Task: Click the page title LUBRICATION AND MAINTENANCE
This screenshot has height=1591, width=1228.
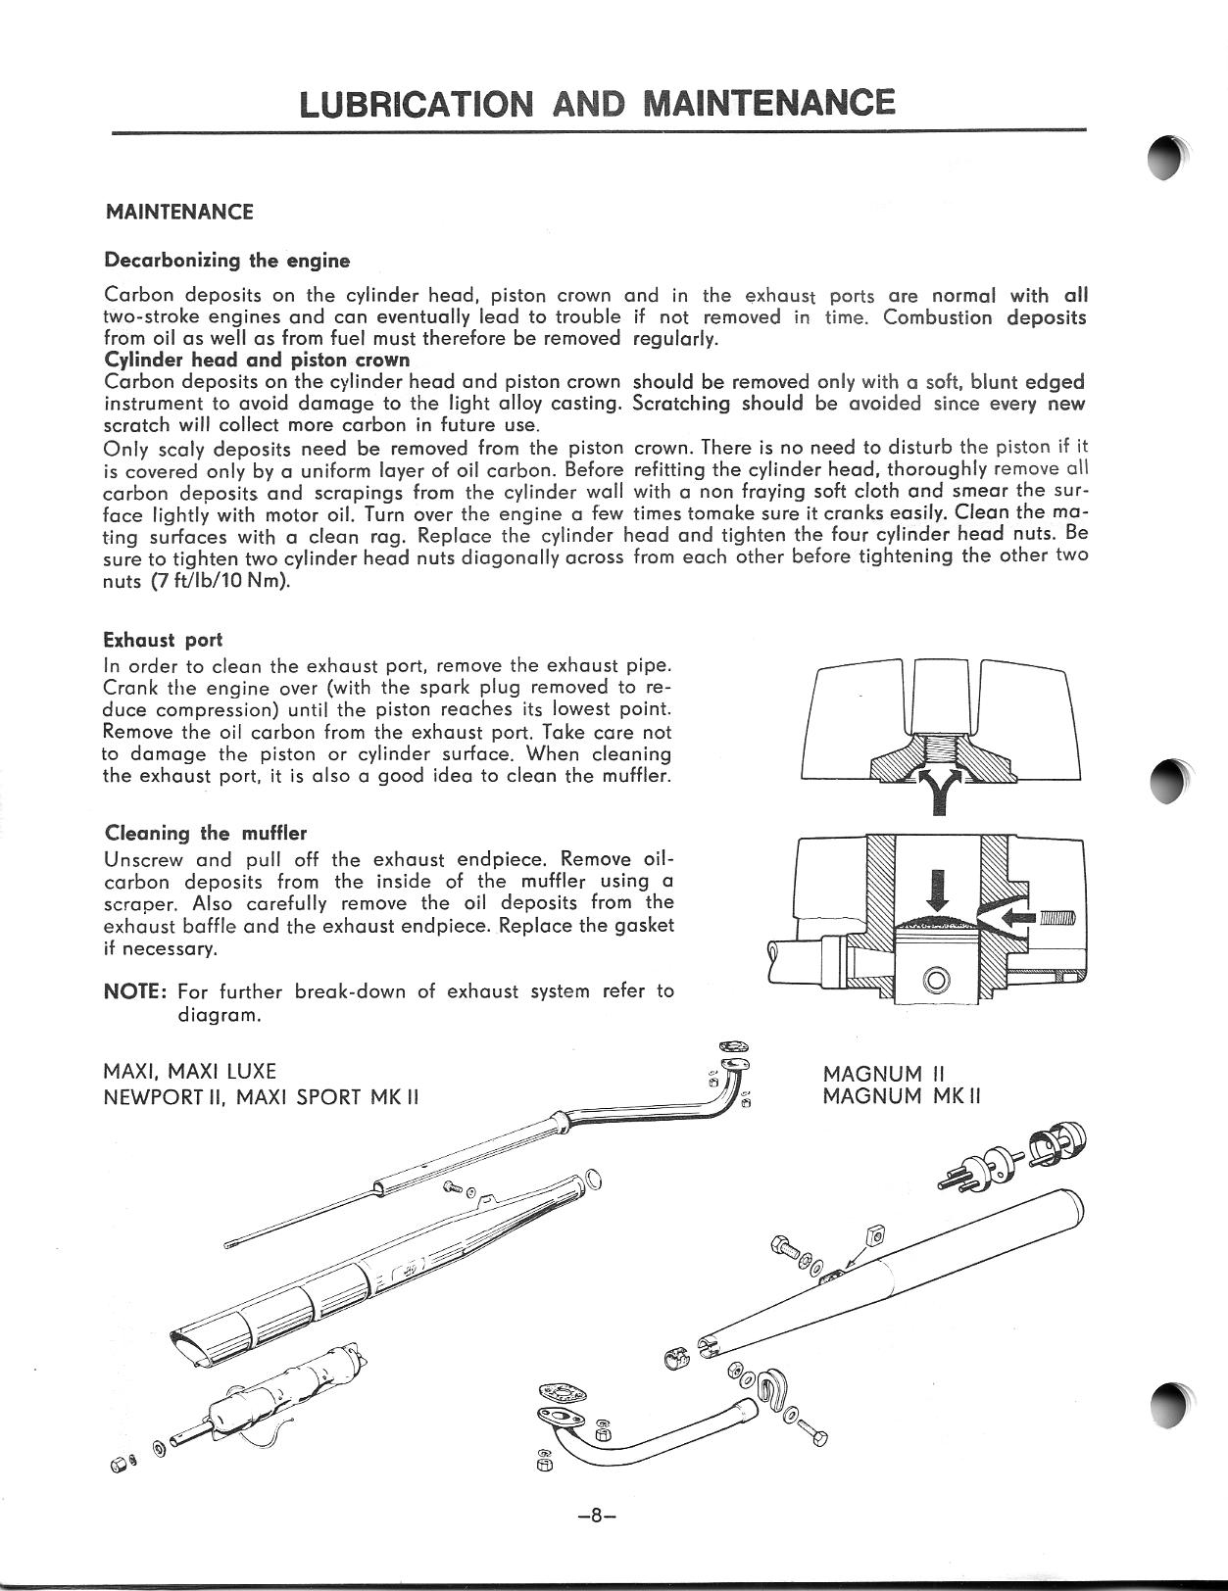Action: tap(598, 103)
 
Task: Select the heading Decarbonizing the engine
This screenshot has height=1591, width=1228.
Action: tap(226, 261)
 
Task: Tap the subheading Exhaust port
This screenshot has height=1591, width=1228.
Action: tap(163, 641)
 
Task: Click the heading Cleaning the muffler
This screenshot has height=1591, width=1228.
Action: tap(205, 834)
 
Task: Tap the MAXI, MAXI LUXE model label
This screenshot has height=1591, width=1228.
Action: tap(189, 1071)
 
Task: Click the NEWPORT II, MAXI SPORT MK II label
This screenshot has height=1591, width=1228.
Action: tap(261, 1095)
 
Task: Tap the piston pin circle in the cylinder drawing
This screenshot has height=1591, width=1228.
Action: tap(937, 979)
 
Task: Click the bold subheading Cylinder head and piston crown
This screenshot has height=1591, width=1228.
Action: tap(256, 360)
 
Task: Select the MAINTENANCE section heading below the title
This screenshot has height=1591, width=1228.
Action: tap(178, 212)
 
